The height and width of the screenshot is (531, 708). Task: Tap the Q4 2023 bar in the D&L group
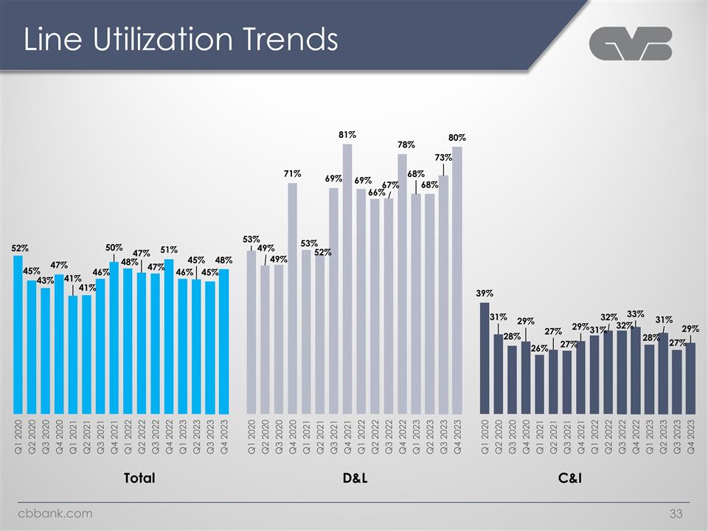(x=457, y=280)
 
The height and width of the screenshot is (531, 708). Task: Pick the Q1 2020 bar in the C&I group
(x=485, y=358)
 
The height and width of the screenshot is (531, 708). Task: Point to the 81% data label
(x=347, y=135)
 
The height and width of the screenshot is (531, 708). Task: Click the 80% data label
(x=457, y=138)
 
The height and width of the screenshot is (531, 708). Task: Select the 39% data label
(x=485, y=293)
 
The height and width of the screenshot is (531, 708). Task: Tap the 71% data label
(x=292, y=173)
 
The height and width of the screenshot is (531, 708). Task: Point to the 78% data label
(x=406, y=145)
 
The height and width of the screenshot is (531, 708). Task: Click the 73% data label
(x=443, y=157)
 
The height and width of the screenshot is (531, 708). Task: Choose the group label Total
(x=139, y=479)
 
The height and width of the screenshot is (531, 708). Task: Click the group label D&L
(x=355, y=479)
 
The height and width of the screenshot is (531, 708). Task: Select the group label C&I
(x=570, y=479)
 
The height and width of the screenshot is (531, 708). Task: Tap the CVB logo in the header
(x=631, y=44)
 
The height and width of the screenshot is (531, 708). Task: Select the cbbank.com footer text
(x=56, y=513)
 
